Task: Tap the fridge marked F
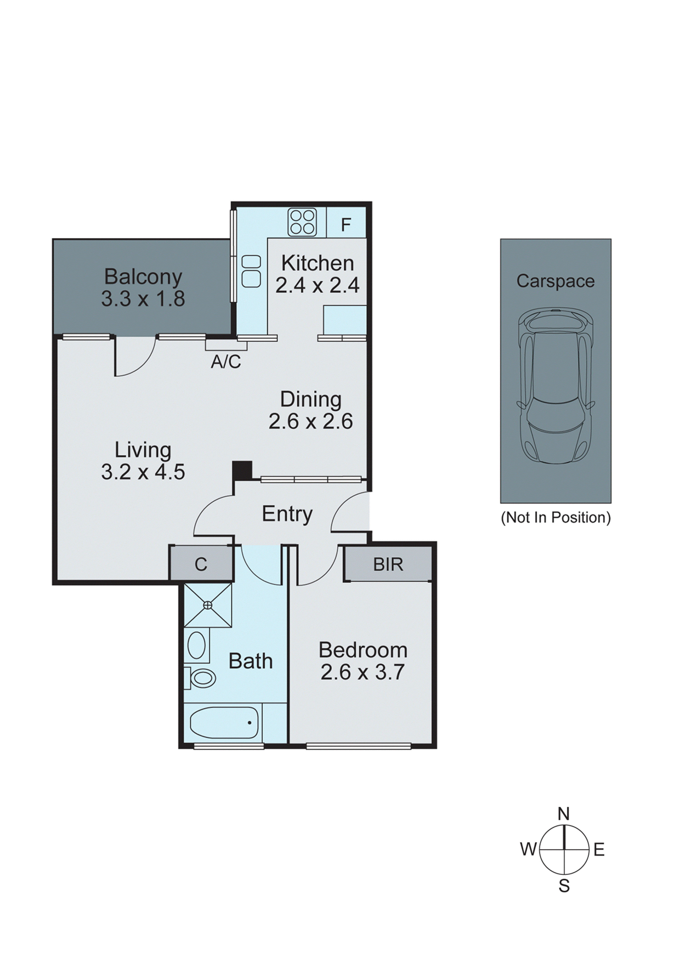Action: (x=346, y=225)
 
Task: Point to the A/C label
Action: (x=226, y=361)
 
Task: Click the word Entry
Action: (x=287, y=514)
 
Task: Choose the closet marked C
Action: (x=201, y=564)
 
